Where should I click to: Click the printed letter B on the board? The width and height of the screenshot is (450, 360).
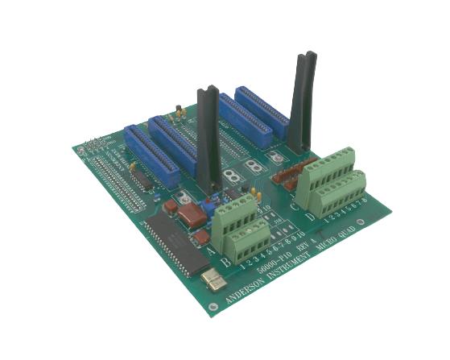226,262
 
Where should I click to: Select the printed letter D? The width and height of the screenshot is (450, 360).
311,216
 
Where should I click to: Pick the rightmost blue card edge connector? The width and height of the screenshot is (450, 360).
262,112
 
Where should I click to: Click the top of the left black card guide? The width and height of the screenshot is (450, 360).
208,91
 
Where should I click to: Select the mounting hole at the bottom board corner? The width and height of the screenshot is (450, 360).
212,307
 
